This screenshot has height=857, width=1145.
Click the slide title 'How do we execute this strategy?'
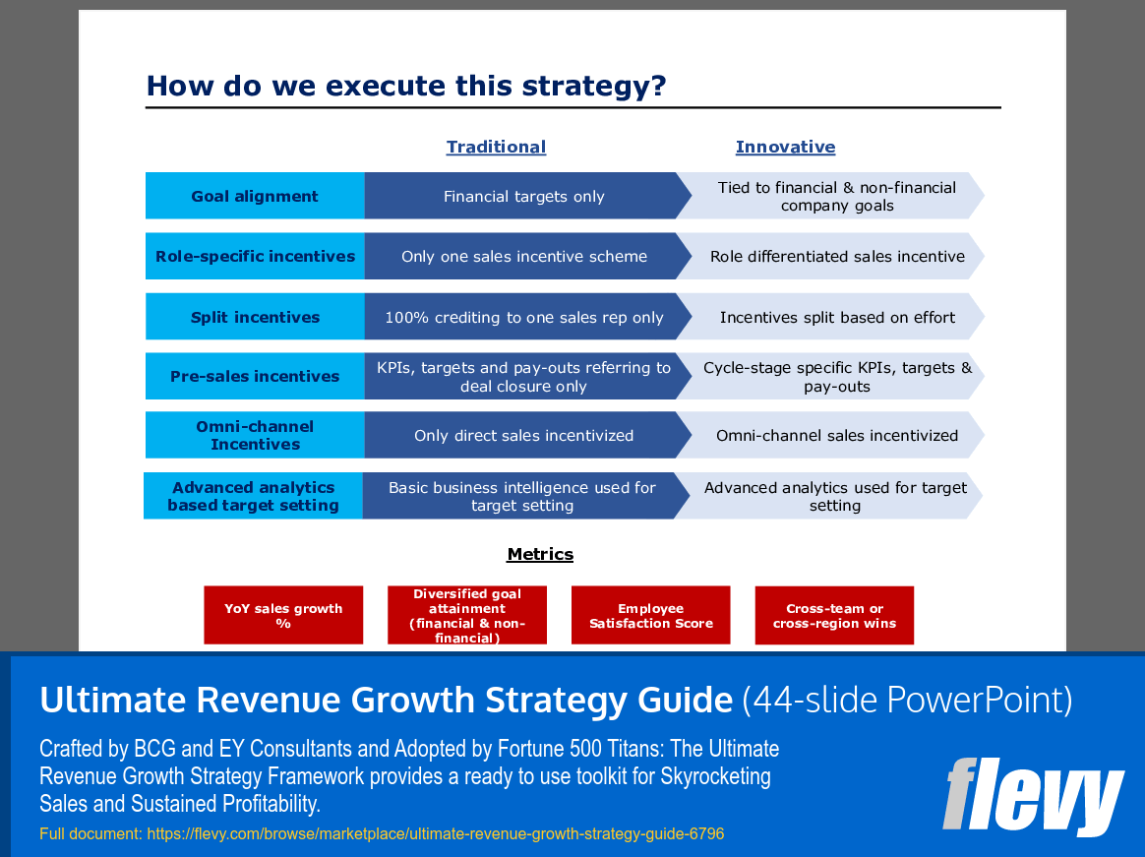pyautogui.click(x=405, y=87)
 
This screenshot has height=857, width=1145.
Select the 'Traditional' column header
pyautogui.click(x=496, y=147)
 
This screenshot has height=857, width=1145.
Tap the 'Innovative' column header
pyautogui.click(x=785, y=147)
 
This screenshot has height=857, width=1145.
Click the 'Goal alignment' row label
pyautogui.click(x=255, y=196)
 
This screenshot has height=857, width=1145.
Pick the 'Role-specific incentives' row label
pyautogui.click(x=255, y=256)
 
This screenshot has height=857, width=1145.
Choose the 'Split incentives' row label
pyautogui.click(x=255, y=317)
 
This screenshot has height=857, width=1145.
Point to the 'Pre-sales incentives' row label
pyautogui.click(x=255, y=376)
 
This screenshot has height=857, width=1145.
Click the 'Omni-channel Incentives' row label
pyautogui.click(x=255, y=435)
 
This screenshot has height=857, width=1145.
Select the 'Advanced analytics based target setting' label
pyautogui.click(x=253, y=496)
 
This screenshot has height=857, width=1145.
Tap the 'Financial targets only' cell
pyautogui.click(x=523, y=196)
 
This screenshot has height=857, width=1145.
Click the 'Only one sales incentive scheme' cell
pyautogui.click(x=523, y=256)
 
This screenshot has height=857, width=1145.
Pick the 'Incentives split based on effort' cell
pyautogui.click(x=837, y=317)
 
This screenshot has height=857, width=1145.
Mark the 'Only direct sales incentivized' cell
pyautogui.click(x=523, y=435)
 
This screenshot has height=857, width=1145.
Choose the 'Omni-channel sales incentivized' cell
pyautogui.click(x=837, y=435)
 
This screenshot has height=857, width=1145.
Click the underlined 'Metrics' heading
pyautogui.click(x=540, y=554)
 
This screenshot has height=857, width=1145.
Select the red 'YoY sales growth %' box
pyautogui.click(x=283, y=616)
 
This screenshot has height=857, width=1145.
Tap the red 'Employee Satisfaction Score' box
pyautogui.click(x=650, y=616)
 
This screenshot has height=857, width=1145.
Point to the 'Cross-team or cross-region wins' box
pyautogui.click(x=834, y=616)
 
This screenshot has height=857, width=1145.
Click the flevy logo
pyautogui.click(x=1032, y=796)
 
